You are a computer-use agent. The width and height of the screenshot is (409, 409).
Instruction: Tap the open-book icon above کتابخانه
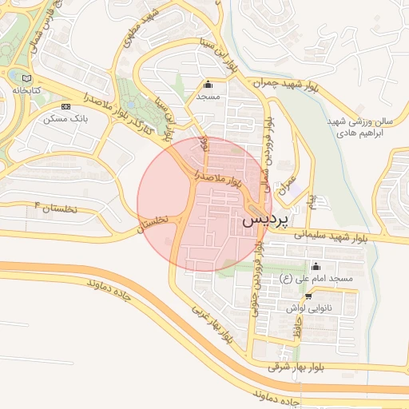[30, 78]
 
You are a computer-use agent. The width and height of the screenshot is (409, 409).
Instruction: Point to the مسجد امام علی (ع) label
[316, 278]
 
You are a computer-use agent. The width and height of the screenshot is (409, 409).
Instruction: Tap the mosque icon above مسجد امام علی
[316, 267]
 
